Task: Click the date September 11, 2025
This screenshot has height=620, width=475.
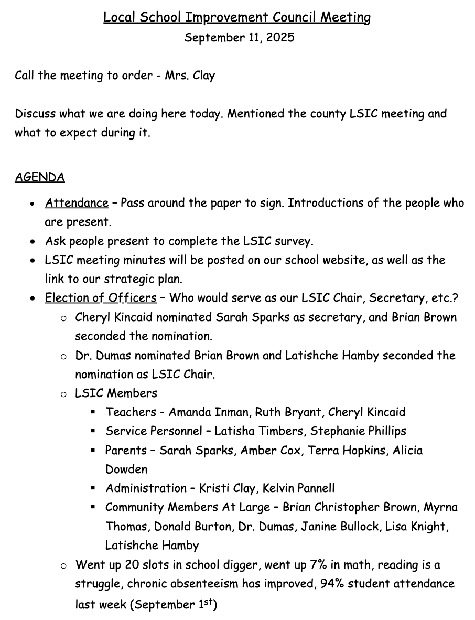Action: [x=239, y=38]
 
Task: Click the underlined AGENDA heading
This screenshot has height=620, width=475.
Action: [x=39, y=177]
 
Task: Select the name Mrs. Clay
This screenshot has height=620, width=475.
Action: [x=190, y=76]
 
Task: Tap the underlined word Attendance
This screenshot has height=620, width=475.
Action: [x=77, y=203]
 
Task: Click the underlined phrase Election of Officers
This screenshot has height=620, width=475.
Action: [x=101, y=298]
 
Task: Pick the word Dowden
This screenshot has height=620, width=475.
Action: [x=126, y=469]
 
